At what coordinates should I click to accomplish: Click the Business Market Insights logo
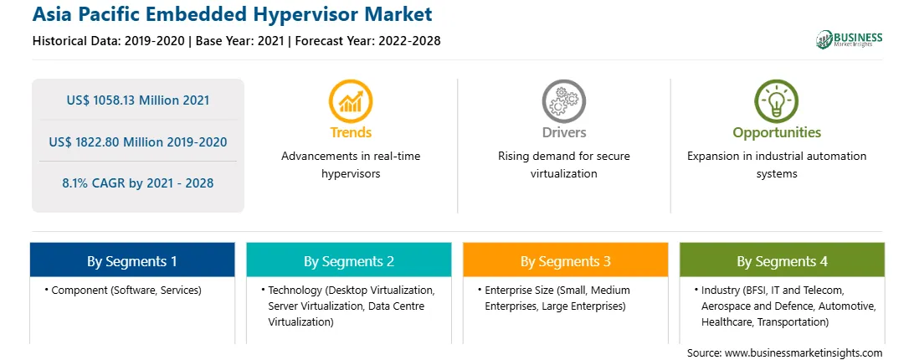point(850,39)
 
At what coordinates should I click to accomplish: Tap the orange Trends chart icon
point(351,101)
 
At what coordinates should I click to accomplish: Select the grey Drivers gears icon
point(563,101)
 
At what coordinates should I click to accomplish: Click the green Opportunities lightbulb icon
point(777,101)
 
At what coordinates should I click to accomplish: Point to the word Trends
point(351,132)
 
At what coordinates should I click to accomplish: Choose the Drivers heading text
point(563,132)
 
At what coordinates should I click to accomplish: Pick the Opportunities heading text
point(777,133)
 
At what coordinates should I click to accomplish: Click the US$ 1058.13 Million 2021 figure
point(137,100)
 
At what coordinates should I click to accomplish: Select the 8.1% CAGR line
point(137,183)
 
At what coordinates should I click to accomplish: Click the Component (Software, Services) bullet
point(123,291)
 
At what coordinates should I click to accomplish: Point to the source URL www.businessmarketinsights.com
point(804,352)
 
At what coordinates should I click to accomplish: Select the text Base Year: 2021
point(240,41)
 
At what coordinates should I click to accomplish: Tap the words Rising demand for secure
point(563,157)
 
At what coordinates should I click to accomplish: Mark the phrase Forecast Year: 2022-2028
point(367,41)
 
